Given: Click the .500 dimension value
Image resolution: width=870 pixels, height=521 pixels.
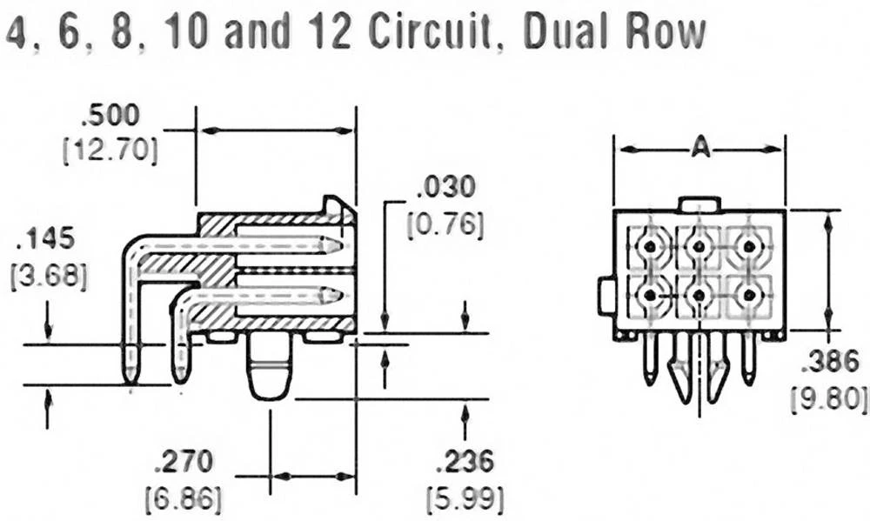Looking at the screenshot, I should pos(110,117).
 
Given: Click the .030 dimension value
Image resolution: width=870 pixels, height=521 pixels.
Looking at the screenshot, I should pos(446,187).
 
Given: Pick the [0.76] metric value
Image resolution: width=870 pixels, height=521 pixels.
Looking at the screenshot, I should pos(446,224).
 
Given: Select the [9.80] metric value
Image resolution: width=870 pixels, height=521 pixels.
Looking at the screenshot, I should pos(829,398).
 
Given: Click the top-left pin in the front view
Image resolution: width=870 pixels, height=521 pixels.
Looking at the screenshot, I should pos(649,247).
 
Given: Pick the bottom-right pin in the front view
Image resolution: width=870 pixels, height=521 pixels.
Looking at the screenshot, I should pos(747,296).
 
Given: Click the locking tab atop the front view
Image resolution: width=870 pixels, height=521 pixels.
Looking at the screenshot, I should pos(699,204).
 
